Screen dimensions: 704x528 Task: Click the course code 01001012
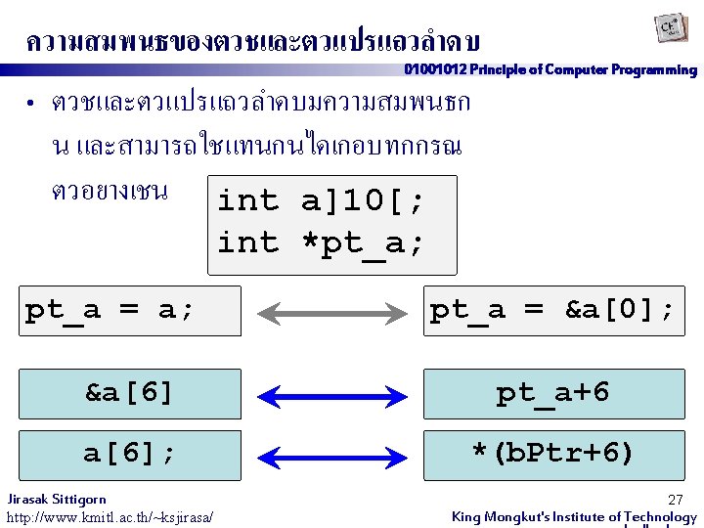point(435,70)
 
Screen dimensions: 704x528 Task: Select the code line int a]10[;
point(321,200)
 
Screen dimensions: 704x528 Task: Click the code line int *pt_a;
point(321,242)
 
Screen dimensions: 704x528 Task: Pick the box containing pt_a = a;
point(133,310)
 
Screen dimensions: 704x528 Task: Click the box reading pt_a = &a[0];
point(552,310)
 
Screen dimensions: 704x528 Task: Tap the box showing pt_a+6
point(552,393)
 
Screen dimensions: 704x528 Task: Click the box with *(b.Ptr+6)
point(552,454)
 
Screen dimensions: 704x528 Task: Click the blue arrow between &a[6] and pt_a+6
point(331,396)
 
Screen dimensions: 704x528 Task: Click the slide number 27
point(675,500)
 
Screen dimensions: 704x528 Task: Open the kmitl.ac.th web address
point(110,516)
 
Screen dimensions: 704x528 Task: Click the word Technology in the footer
point(660,516)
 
